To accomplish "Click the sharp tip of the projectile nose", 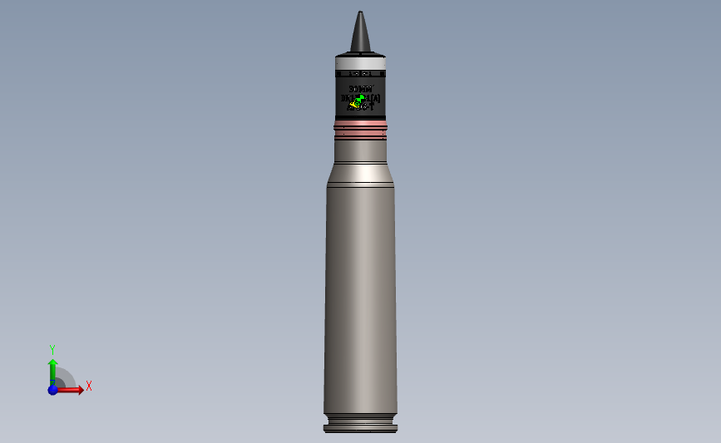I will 360,12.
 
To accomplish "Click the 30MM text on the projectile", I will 360,89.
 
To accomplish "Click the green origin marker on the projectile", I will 360,98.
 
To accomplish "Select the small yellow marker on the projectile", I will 354,105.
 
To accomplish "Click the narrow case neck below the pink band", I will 360,150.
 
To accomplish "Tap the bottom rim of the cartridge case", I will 360,429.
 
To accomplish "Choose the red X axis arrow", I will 73,389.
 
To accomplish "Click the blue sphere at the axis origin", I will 52,389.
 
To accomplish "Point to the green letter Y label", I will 52,350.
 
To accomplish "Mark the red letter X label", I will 89,386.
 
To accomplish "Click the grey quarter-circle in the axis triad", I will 65,381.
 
